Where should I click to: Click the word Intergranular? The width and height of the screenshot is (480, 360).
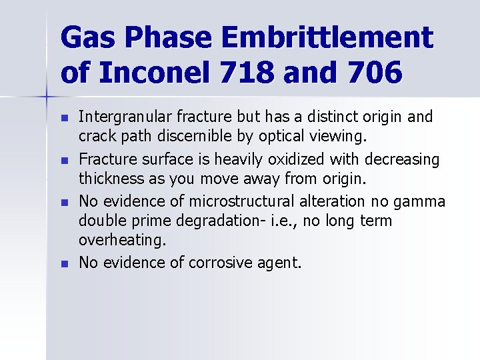(120, 117)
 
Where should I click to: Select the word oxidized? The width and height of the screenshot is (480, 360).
(289, 159)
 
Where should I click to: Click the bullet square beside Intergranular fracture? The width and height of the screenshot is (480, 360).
(63, 118)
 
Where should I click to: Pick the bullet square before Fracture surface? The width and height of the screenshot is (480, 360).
(63, 161)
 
